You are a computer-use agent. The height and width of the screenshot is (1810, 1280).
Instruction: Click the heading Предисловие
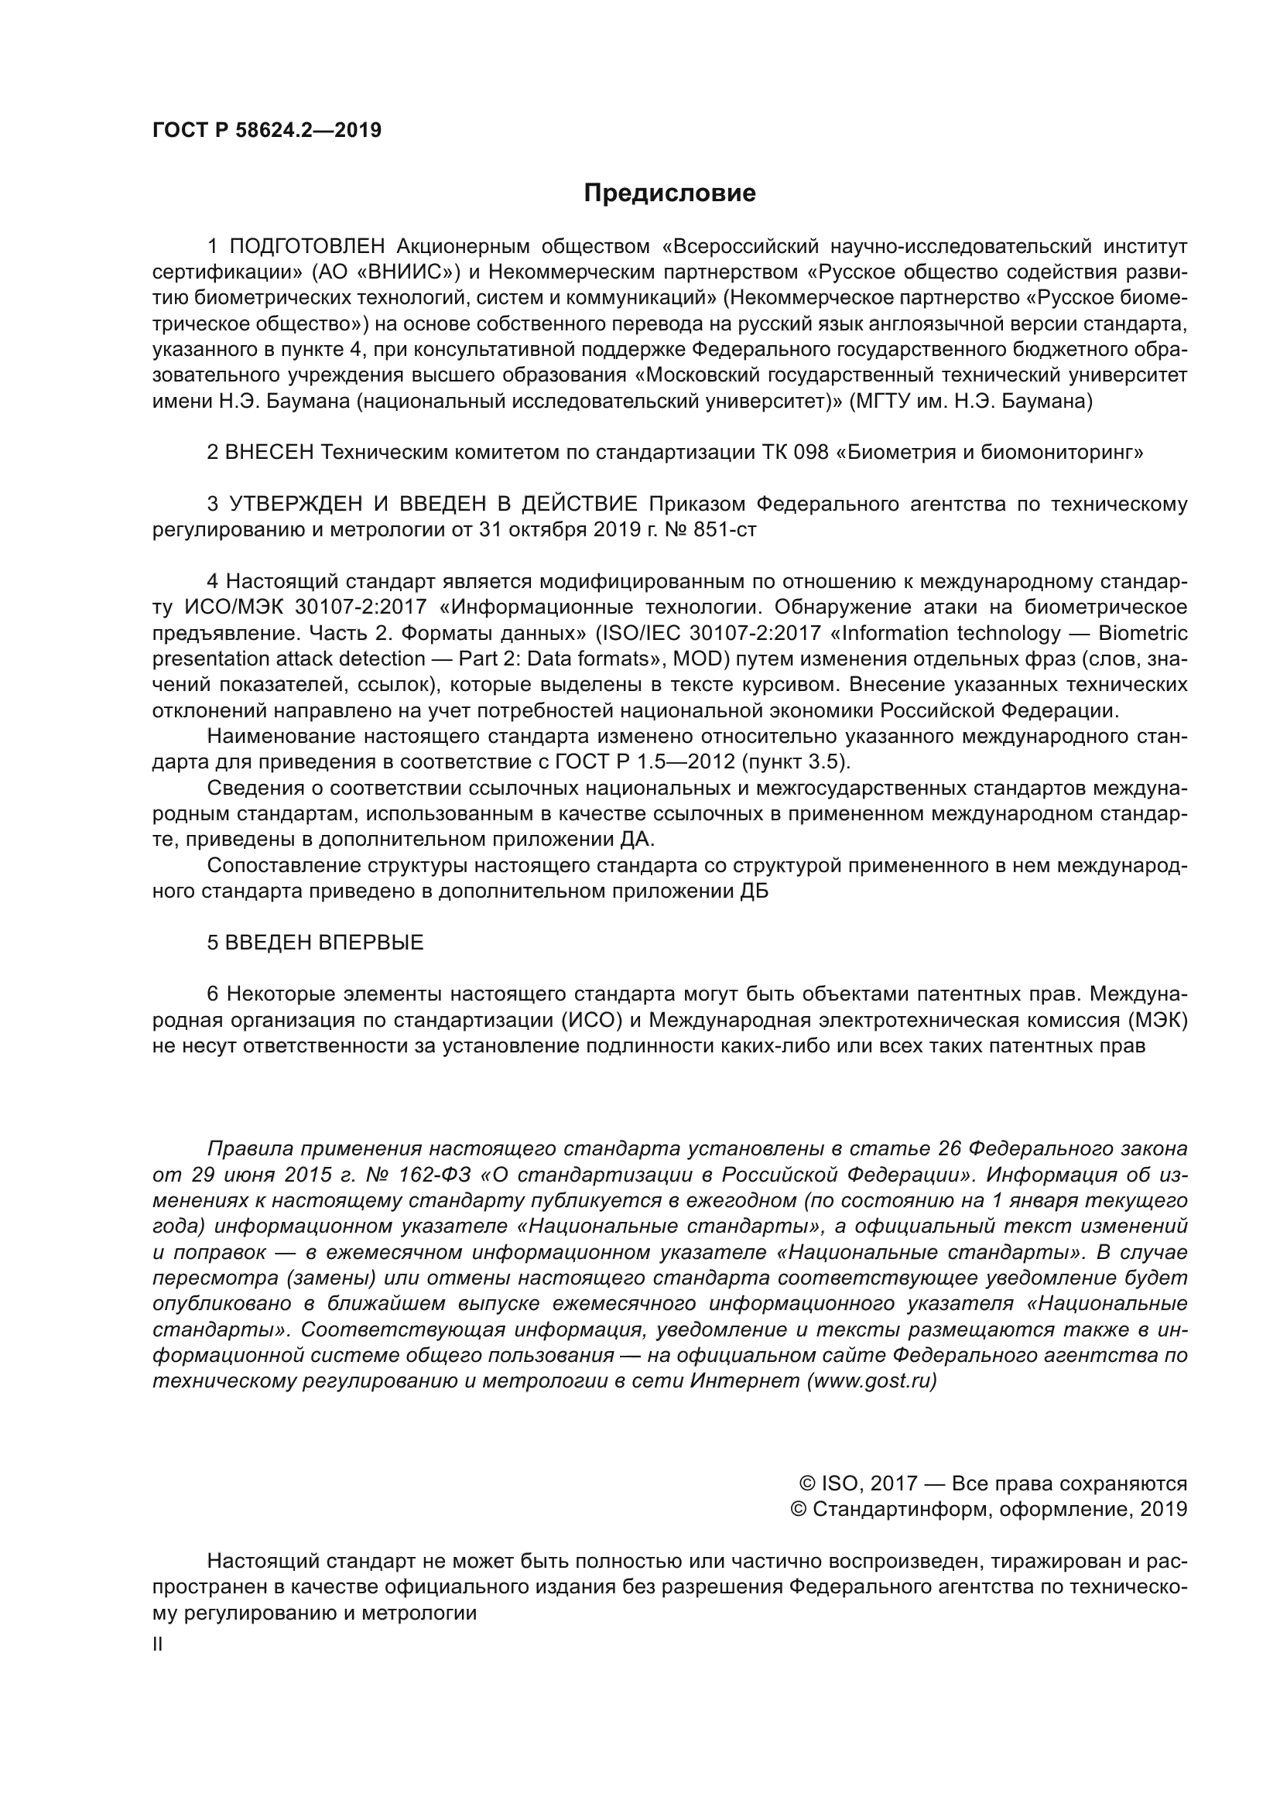[669, 193]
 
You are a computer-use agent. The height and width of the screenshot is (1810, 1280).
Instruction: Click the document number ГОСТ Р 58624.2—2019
[266, 130]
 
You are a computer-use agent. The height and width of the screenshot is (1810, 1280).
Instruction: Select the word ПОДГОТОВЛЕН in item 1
[307, 247]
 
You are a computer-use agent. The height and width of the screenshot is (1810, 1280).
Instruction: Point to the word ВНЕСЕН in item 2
[269, 453]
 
